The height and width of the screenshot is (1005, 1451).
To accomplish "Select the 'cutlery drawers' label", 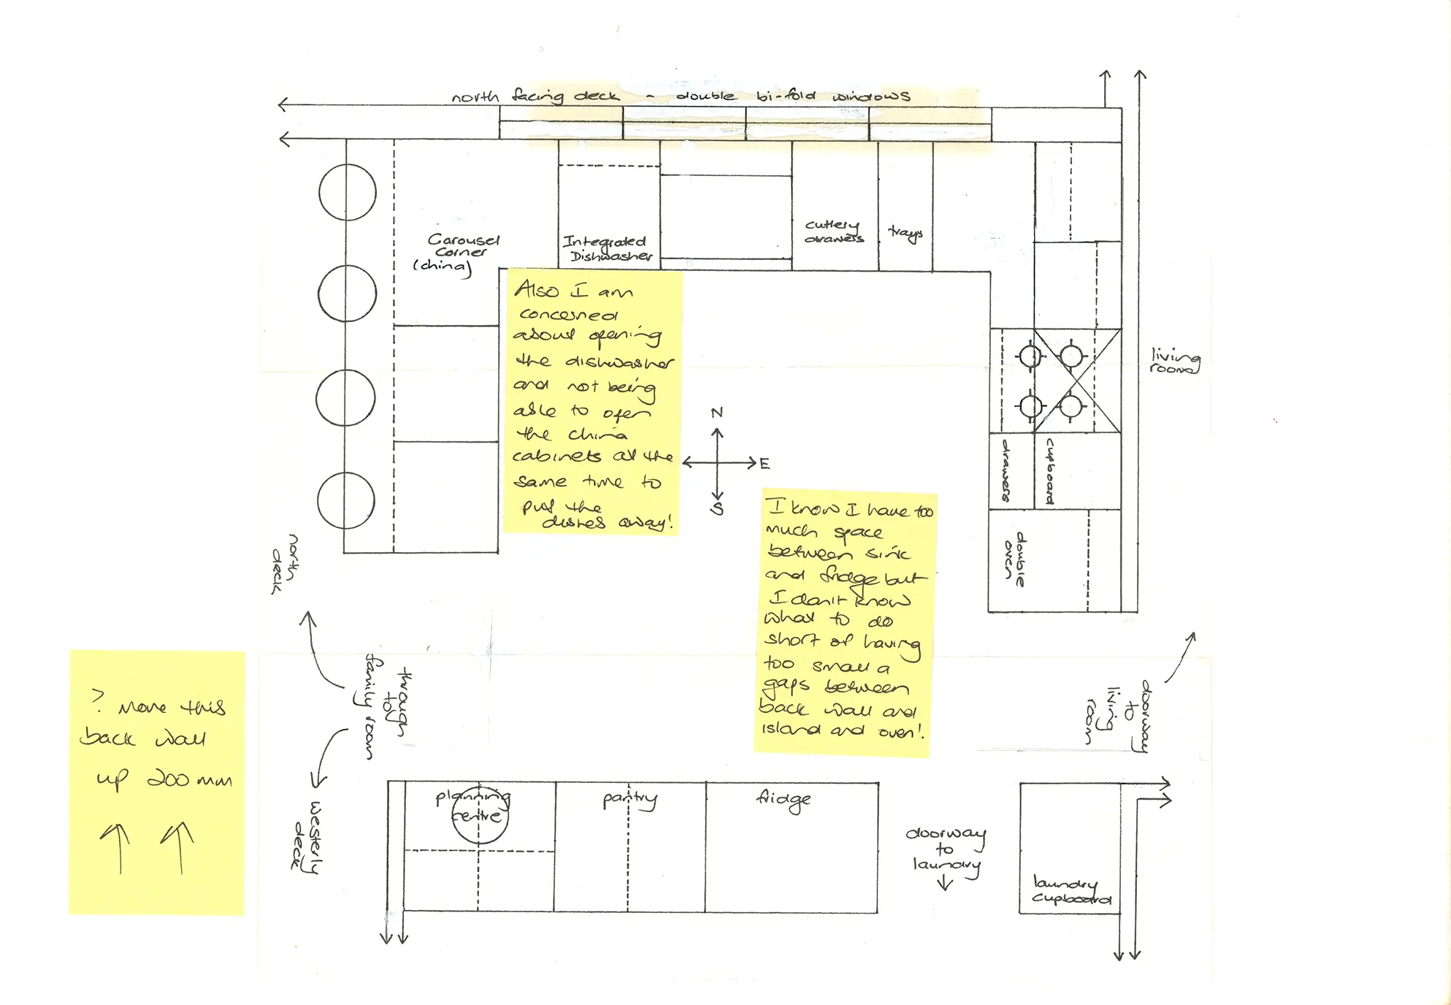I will [x=833, y=232].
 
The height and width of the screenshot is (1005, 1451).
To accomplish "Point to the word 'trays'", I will [x=906, y=232].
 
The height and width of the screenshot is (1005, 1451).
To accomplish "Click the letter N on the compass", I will [x=717, y=413].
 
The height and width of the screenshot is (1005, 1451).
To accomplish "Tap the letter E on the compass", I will [x=765, y=464].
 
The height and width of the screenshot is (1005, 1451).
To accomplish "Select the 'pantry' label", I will [x=629, y=799].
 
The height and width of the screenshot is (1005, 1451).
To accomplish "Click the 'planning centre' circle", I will [x=479, y=816].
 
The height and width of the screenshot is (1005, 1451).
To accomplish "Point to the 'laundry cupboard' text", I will [x=1070, y=891].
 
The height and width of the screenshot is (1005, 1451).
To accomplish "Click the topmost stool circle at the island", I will [x=348, y=192].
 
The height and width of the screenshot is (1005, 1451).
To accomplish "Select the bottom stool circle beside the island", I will [x=346, y=500].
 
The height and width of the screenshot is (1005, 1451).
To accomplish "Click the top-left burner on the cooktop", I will [x=1030, y=356].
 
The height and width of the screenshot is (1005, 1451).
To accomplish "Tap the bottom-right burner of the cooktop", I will [x=1071, y=405].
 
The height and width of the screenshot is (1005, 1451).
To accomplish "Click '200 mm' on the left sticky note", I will [x=189, y=779].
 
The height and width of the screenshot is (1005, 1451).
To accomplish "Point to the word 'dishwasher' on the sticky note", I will [x=619, y=362].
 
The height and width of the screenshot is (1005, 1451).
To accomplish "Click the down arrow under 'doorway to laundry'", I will [x=945, y=883].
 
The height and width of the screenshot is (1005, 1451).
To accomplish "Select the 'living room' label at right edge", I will [x=1174, y=361].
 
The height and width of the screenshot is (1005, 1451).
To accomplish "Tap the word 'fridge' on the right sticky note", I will [x=849, y=576].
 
